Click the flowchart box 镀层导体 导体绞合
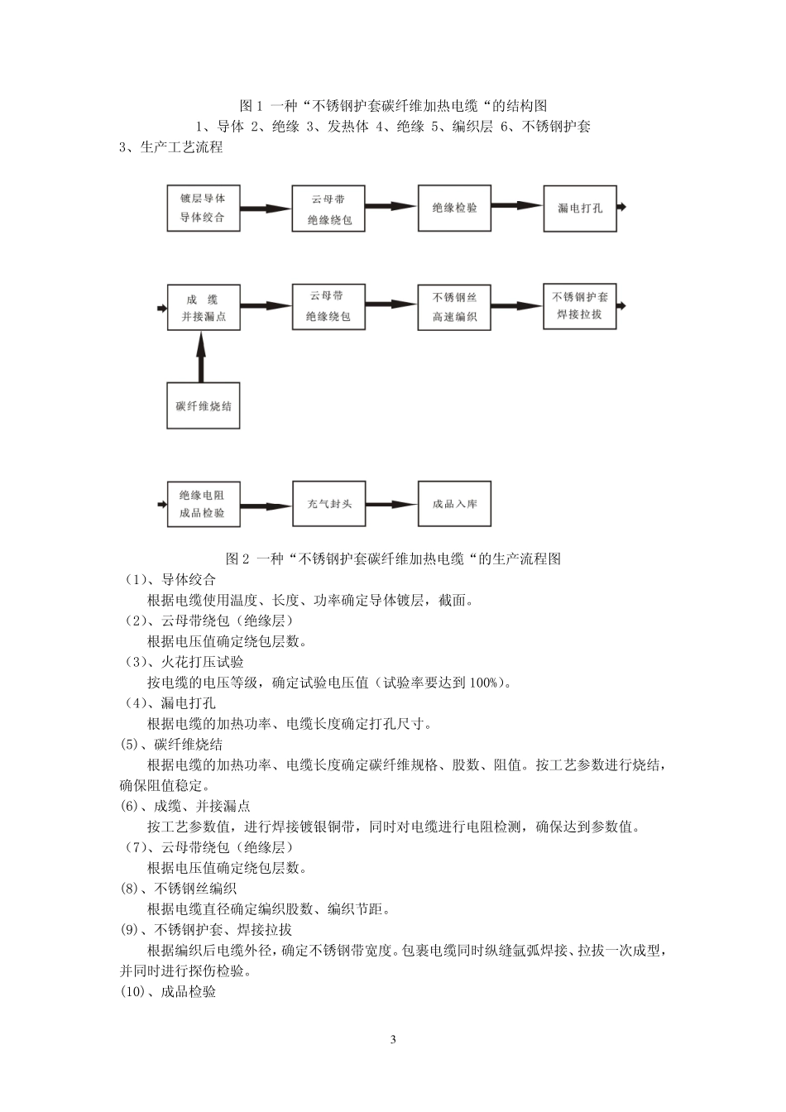(x=203, y=208)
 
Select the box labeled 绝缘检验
(x=454, y=208)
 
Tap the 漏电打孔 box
(x=579, y=208)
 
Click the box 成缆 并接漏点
(x=203, y=308)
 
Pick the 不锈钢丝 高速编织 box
(x=454, y=307)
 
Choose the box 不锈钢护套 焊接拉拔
(x=579, y=306)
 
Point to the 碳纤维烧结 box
(x=203, y=405)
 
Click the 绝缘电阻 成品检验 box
(x=203, y=504)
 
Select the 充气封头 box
(x=329, y=503)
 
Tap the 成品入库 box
(x=454, y=503)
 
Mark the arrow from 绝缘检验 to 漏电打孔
(x=517, y=207)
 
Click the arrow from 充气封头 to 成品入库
(x=391, y=504)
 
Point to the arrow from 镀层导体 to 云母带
(x=266, y=208)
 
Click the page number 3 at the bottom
(x=393, y=1040)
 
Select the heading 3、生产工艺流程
(x=171, y=147)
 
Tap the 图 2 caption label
(x=237, y=558)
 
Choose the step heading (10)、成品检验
(x=168, y=991)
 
